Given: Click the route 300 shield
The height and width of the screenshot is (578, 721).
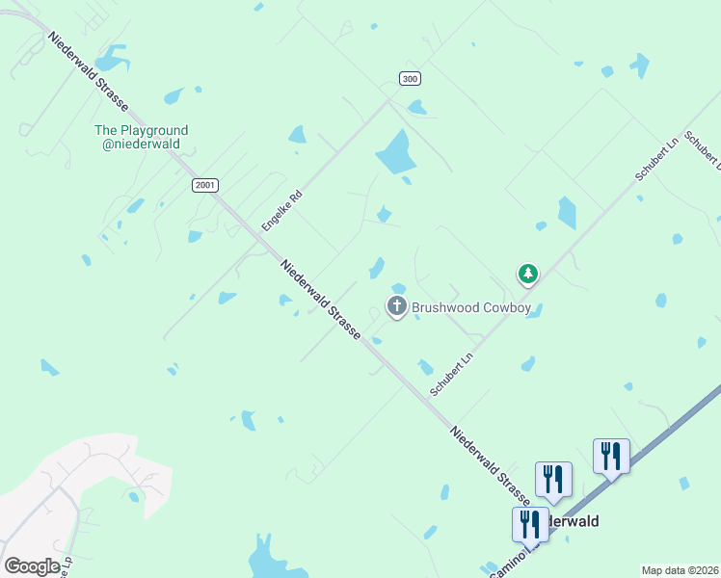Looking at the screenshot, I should [411, 79].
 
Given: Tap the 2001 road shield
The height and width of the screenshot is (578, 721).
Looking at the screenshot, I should [204, 185].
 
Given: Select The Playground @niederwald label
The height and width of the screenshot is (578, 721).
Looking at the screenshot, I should [141, 137].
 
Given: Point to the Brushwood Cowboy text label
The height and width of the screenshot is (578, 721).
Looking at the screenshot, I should [472, 308].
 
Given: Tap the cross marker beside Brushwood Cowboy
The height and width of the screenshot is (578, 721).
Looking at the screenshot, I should [396, 307].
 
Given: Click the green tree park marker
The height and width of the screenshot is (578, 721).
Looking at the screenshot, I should [527, 275].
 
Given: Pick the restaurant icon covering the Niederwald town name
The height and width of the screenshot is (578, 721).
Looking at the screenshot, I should [530, 524].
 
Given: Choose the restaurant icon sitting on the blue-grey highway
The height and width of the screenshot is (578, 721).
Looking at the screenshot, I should [611, 456].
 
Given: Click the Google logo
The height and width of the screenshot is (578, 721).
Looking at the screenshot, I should [32, 566].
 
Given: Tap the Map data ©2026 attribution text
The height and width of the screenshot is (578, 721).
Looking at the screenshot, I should [680, 570].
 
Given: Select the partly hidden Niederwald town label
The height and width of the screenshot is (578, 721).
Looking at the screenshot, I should [573, 521].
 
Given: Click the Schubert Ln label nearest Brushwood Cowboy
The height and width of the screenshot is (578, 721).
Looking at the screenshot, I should [453, 374].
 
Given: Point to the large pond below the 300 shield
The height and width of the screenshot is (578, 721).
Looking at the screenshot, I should [396, 151].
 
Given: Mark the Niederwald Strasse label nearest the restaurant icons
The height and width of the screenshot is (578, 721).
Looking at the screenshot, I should [489, 462].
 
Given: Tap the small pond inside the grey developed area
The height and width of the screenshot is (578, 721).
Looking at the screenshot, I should [133, 496].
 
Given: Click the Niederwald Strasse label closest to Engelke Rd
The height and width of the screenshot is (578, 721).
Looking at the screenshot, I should [320, 300].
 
